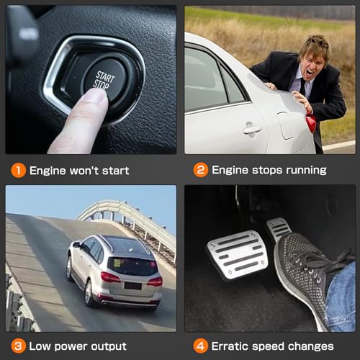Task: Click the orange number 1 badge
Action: tap(19, 171)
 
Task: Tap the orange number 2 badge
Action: tap(201, 170)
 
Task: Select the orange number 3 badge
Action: tap(18, 346)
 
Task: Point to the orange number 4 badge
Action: tap(200, 346)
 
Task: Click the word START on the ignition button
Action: tap(105, 76)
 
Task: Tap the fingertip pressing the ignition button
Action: tap(95, 96)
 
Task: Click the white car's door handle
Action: tap(253, 129)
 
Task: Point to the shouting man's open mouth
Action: tap(310, 72)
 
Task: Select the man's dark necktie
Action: tap(303, 86)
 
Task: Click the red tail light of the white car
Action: tap(311, 123)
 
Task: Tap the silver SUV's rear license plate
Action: tap(132, 286)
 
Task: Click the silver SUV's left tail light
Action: tap(110, 277)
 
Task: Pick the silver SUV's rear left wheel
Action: tap(89, 293)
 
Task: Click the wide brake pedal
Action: tap(238, 256)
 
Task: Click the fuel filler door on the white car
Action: tap(285, 125)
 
